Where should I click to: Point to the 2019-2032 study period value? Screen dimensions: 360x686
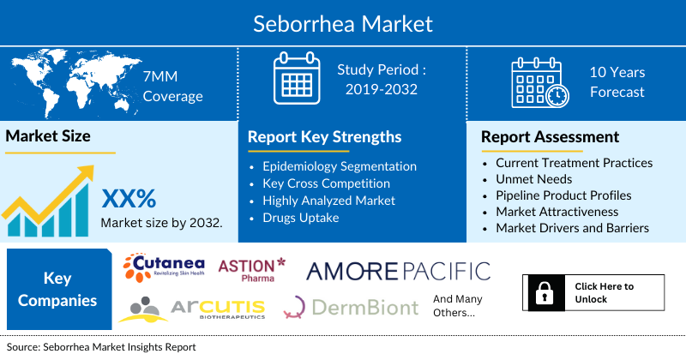(x=381, y=89)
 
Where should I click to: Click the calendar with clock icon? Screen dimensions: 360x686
(x=539, y=82)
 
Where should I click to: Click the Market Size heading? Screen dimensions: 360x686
(x=48, y=136)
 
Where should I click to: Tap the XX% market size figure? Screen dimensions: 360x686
(x=129, y=199)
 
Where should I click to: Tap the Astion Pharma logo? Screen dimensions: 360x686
(x=252, y=270)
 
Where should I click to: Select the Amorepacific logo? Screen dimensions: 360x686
(x=399, y=271)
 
